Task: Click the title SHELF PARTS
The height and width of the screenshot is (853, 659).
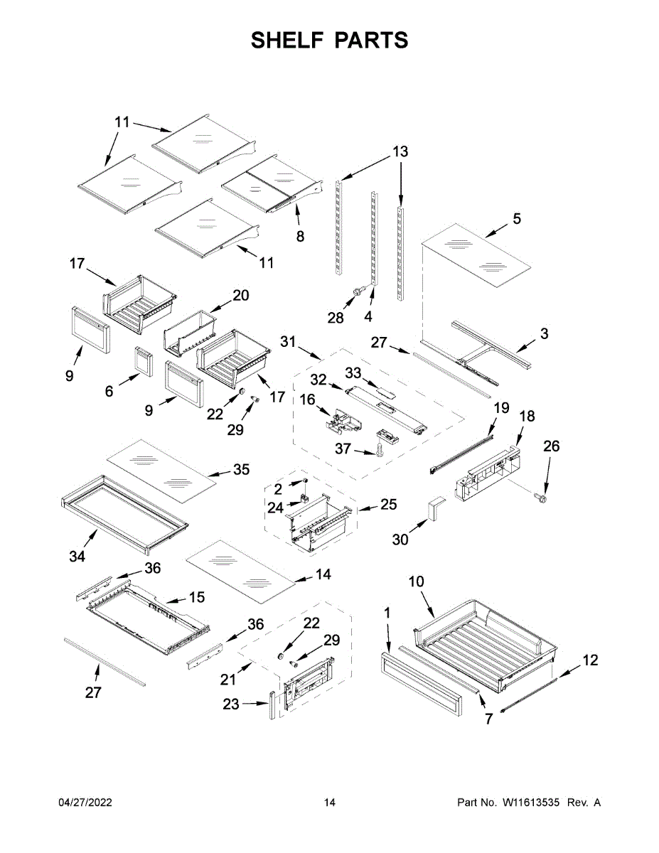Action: (329, 41)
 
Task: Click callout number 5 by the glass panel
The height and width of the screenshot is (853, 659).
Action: (517, 219)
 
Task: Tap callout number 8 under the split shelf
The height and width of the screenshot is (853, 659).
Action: (300, 236)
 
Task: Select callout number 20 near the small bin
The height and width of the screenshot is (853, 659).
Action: (241, 295)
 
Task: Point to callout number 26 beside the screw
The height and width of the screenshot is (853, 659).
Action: (552, 446)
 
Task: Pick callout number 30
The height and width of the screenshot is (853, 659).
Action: (401, 540)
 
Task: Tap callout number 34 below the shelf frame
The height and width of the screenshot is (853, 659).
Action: (77, 557)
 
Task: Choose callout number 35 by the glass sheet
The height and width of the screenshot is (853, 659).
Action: (241, 469)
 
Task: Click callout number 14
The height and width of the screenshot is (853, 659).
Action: (323, 574)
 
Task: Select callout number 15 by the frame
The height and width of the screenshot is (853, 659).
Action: (196, 597)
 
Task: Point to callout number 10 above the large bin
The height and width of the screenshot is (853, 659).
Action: (416, 581)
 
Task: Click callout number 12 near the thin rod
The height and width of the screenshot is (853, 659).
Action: (590, 660)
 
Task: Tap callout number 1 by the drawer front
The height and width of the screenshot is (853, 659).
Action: (387, 612)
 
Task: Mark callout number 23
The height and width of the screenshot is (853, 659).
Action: (231, 704)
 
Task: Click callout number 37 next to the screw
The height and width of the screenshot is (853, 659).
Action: (344, 449)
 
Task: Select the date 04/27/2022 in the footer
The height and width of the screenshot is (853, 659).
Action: (85, 803)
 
